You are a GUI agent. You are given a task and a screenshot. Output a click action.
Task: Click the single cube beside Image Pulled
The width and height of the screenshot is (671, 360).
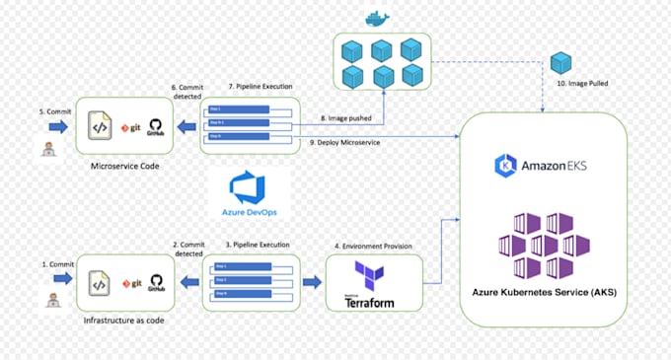[x=561, y=64]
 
